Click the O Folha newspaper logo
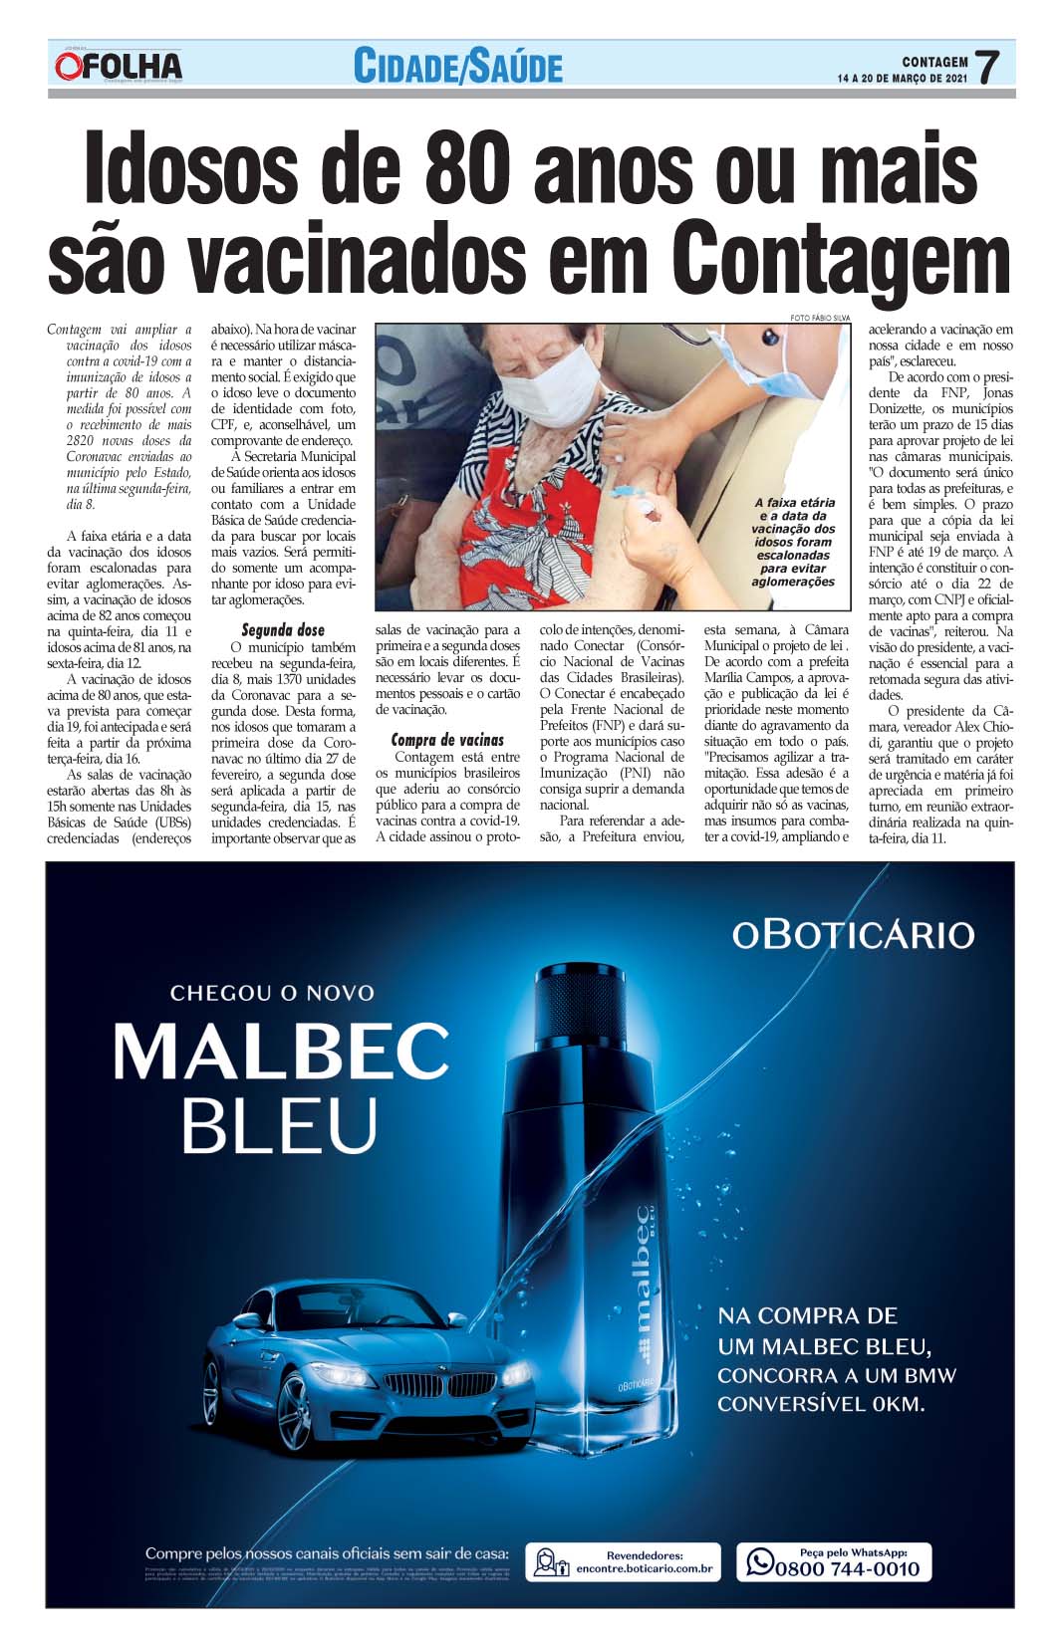pyautogui.click(x=119, y=66)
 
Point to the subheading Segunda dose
pyautogui.click(x=282, y=630)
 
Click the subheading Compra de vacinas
pyautogui.click(x=447, y=740)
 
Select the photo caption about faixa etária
pyautogui.click(x=794, y=542)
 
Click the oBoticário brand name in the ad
pyautogui.click(x=853, y=934)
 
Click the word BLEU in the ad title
pyautogui.click(x=279, y=1124)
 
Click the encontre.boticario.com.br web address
pyautogui.click(x=645, y=1569)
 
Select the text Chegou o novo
pyautogui.click(x=272, y=993)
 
